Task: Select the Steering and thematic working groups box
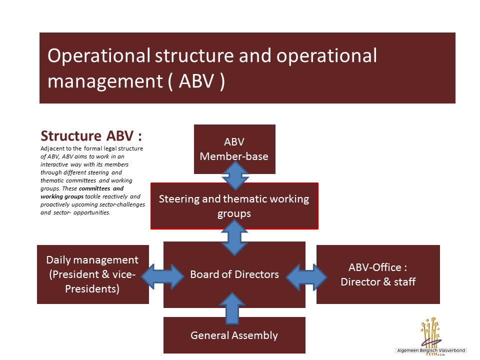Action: [x=234, y=206]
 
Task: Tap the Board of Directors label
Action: [x=234, y=274]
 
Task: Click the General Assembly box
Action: [x=234, y=335]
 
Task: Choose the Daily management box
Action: [x=92, y=274]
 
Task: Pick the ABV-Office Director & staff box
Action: [x=378, y=274]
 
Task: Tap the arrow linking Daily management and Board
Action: [x=163, y=274]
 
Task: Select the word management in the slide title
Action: [x=103, y=81]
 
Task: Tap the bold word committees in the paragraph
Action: [x=95, y=189]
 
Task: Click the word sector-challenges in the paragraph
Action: [x=119, y=205]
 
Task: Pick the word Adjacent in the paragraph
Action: [x=52, y=149]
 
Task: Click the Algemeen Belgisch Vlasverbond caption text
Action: [x=430, y=351]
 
